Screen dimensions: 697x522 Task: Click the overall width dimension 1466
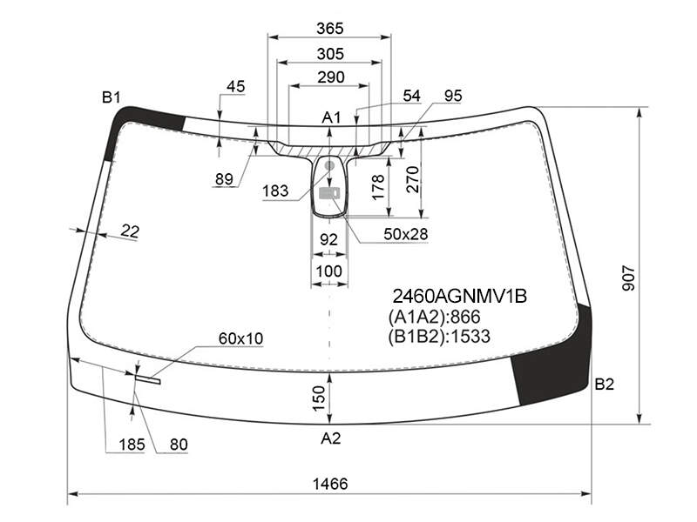[330, 484]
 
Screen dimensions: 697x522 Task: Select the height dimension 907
[628, 278]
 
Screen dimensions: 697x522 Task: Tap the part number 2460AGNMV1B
[460, 296]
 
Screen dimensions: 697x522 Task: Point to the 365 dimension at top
[330, 29]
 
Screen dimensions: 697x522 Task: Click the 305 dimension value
[330, 54]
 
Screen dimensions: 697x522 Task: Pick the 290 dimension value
[331, 77]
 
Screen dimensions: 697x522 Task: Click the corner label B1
[112, 97]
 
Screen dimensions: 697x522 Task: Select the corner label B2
[604, 384]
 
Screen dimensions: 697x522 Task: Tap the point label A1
[331, 117]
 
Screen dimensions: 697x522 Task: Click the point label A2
[331, 438]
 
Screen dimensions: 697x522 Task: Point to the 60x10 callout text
[241, 338]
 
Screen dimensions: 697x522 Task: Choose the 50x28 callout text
[405, 234]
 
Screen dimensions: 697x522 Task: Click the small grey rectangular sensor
[329, 192]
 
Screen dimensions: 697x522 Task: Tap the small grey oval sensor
[329, 166]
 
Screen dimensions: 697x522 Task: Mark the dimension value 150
[319, 398]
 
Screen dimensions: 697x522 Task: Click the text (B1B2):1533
[439, 337]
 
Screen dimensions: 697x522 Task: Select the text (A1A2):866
[434, 317]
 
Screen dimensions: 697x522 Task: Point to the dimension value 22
[130, 231]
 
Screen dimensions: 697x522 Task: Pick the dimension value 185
[132, 445]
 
